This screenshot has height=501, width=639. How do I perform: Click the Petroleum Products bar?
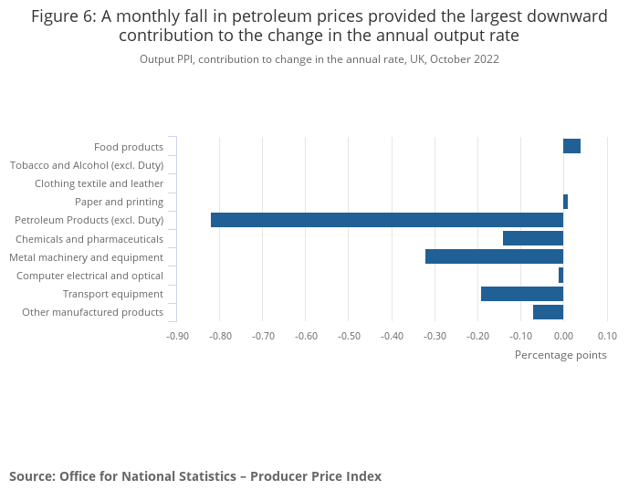[x=387, y=220]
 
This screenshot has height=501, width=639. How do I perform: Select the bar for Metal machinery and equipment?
[x=494, y=256]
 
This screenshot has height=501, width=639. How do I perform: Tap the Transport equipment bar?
[x=522, y=294]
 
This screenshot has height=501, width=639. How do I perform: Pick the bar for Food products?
[x=571, y=146]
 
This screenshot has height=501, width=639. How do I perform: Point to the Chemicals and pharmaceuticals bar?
[x=533, y=238]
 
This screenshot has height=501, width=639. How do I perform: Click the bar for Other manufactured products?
[x=548, y=312]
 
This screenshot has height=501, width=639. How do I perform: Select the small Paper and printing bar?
[x=565, y=202]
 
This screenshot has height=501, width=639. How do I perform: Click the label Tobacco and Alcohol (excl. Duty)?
[x=87, y=165]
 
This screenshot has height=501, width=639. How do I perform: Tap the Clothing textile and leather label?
[x=99, y=183]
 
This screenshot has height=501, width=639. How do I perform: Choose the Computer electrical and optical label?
[x=89, y=276]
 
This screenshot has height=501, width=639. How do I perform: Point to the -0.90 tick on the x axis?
[x=177, y=336]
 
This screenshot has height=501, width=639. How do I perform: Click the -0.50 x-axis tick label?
[x=349, y=336]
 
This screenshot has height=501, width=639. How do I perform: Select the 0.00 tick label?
[x=563, y=336]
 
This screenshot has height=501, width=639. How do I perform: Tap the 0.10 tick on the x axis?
[x=607, y=336]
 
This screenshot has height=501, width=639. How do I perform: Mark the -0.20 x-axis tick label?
[x=477, y=336]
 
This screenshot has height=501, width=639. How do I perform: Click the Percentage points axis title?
[x=560, y=355]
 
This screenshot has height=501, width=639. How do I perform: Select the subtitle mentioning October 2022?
[x=319, y=59]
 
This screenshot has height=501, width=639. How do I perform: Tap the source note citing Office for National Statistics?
[x=195, y=476]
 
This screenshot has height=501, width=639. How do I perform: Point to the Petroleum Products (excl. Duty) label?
[x=89, y=220]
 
